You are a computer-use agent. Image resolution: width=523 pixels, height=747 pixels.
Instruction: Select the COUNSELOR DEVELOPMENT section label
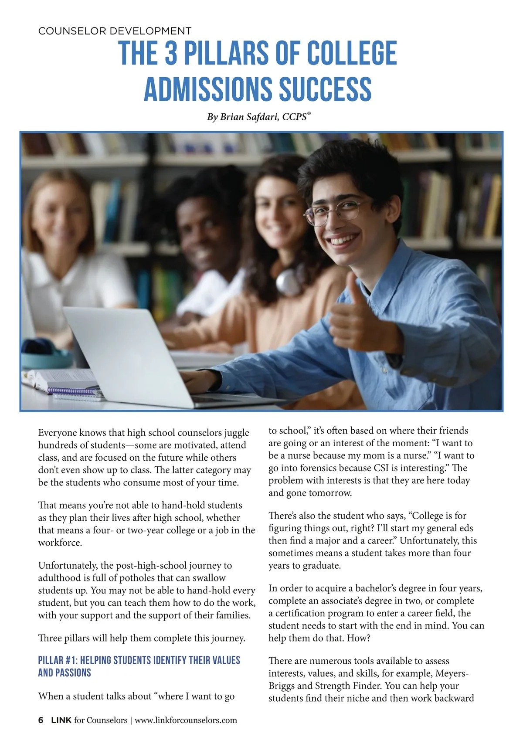[115, 31]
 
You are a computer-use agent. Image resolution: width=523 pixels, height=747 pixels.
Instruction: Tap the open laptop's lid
[122, 349]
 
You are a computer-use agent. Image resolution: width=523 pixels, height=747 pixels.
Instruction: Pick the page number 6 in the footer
[41, 720]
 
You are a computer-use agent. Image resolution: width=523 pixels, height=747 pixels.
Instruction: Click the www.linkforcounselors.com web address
[186, 720]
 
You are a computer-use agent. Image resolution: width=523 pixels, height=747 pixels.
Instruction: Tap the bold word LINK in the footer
[61, 720]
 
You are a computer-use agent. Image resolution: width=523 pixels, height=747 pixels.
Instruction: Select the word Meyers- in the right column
[452, 673]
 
